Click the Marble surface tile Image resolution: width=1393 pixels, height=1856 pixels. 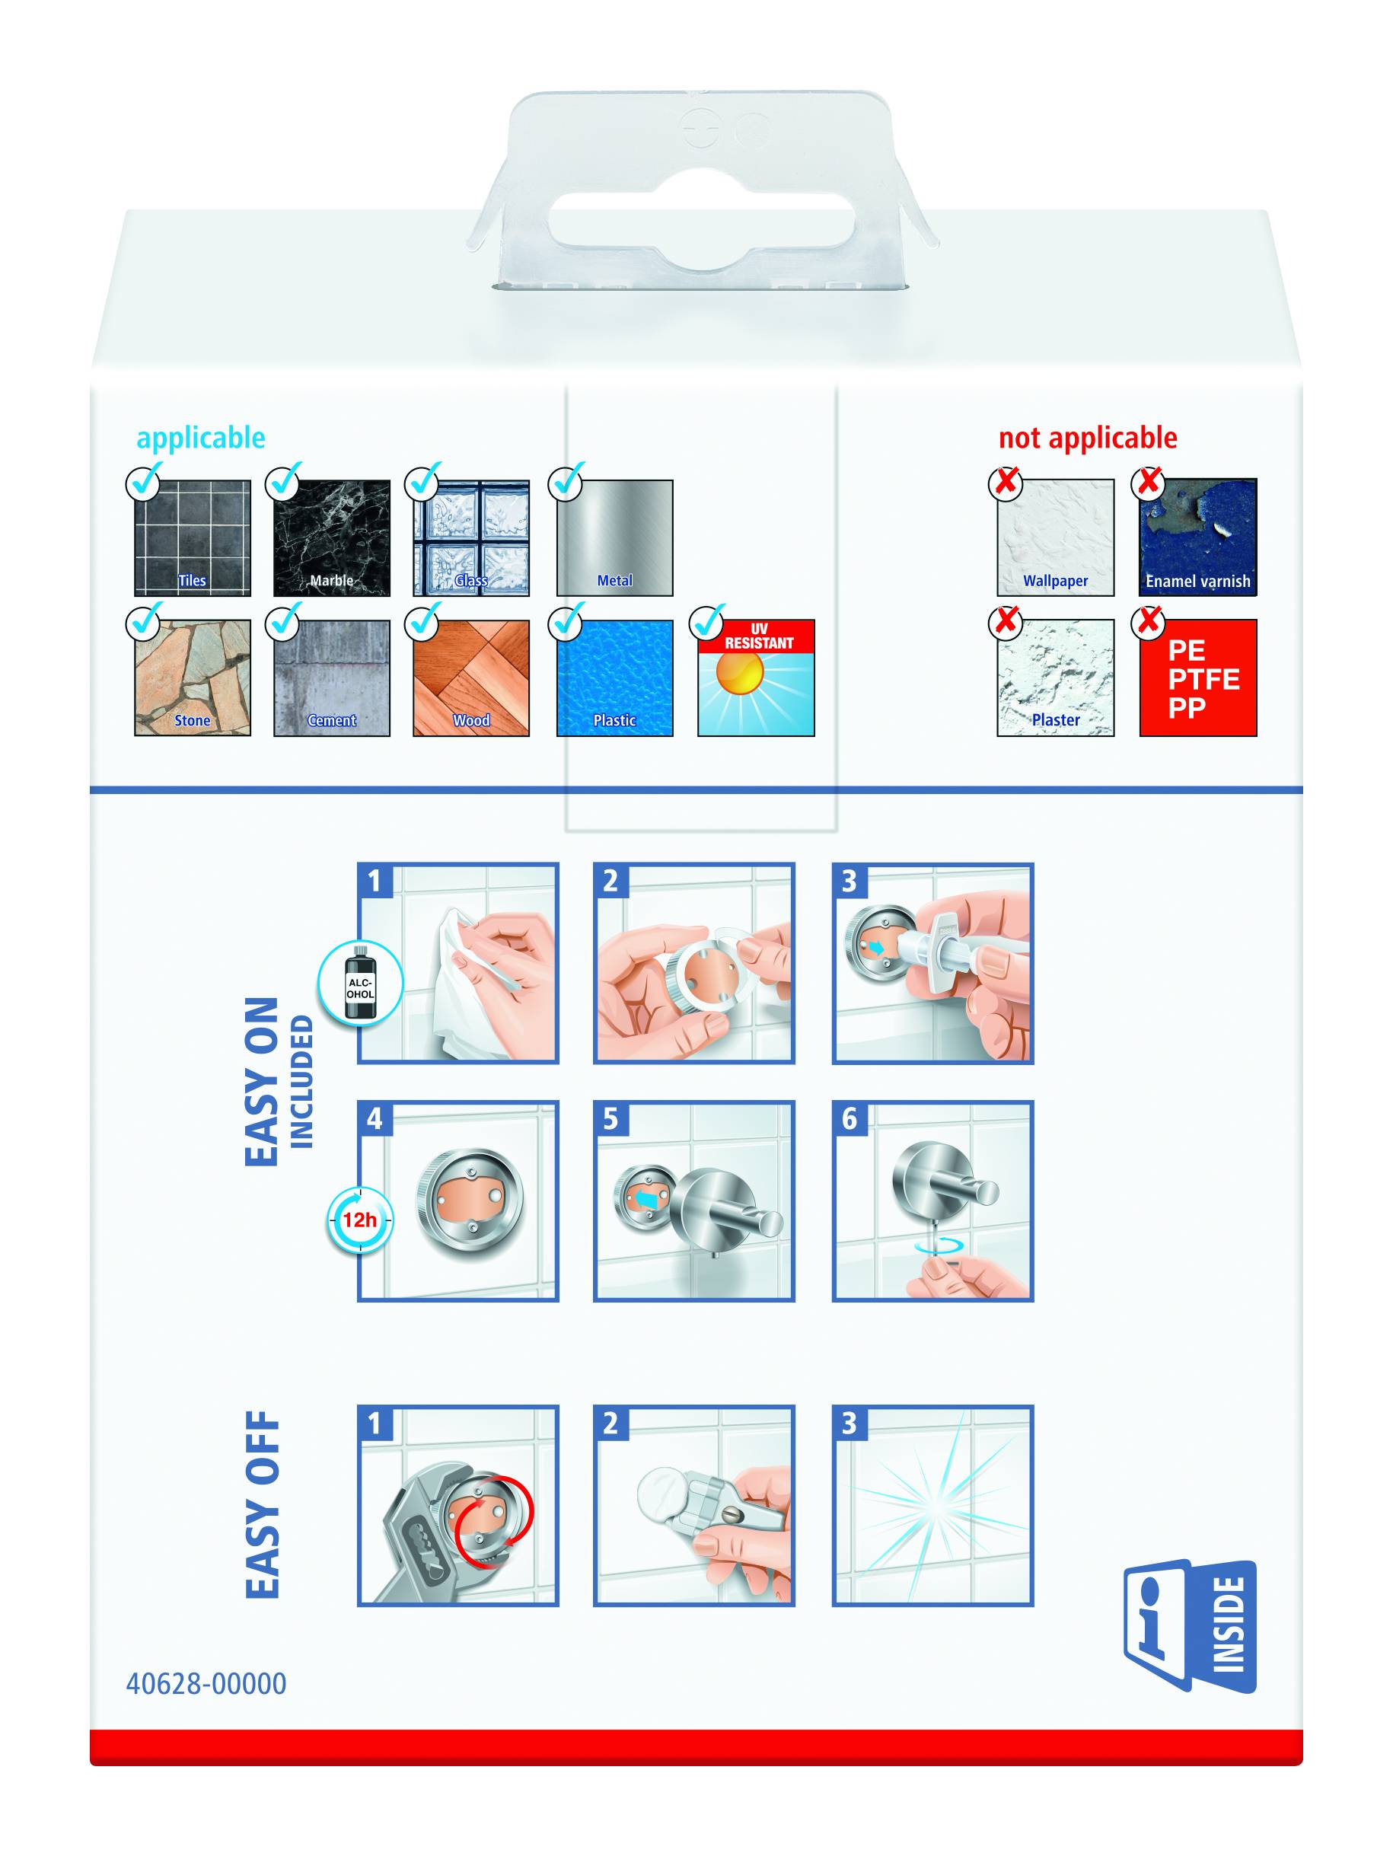(x=331, y=537)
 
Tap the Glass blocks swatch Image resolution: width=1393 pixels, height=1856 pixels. (x=470, y=537)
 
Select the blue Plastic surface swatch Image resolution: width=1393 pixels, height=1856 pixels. (x=614, y=678)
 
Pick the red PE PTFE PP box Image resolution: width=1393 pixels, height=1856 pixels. (x=1197, y=678)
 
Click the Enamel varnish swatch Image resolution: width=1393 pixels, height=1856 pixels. (x=1197, y=537)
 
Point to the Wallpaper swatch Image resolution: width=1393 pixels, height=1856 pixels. (x=1055, y=537)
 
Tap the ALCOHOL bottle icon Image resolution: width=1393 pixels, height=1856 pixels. (x=361, y=983)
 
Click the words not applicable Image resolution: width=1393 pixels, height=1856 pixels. (x=1088, y=438)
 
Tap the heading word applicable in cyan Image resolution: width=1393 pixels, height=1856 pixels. (x=200, y=438)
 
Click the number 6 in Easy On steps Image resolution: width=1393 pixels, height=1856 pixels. (x=850, y=1118)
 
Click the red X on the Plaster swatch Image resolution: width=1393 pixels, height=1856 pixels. (x=1006, y=622)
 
